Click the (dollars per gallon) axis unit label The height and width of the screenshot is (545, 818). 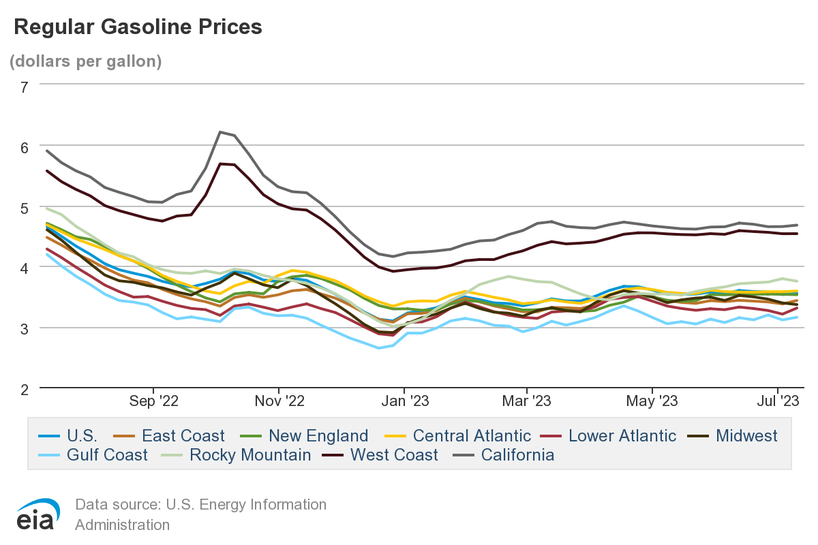tap(85, 61)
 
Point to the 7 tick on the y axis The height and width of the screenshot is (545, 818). tap(25, 87)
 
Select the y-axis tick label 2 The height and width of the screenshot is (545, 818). tap(25, 388)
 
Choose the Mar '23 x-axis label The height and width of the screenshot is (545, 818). tap(528, 401)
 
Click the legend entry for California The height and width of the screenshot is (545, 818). tap(517, 454)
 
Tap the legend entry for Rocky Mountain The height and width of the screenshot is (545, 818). tap(250, 454)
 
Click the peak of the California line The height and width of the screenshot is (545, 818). tap(220, 131)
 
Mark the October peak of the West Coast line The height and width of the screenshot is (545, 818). tap(220, 163)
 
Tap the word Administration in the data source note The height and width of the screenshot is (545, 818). tap(122, 525)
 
